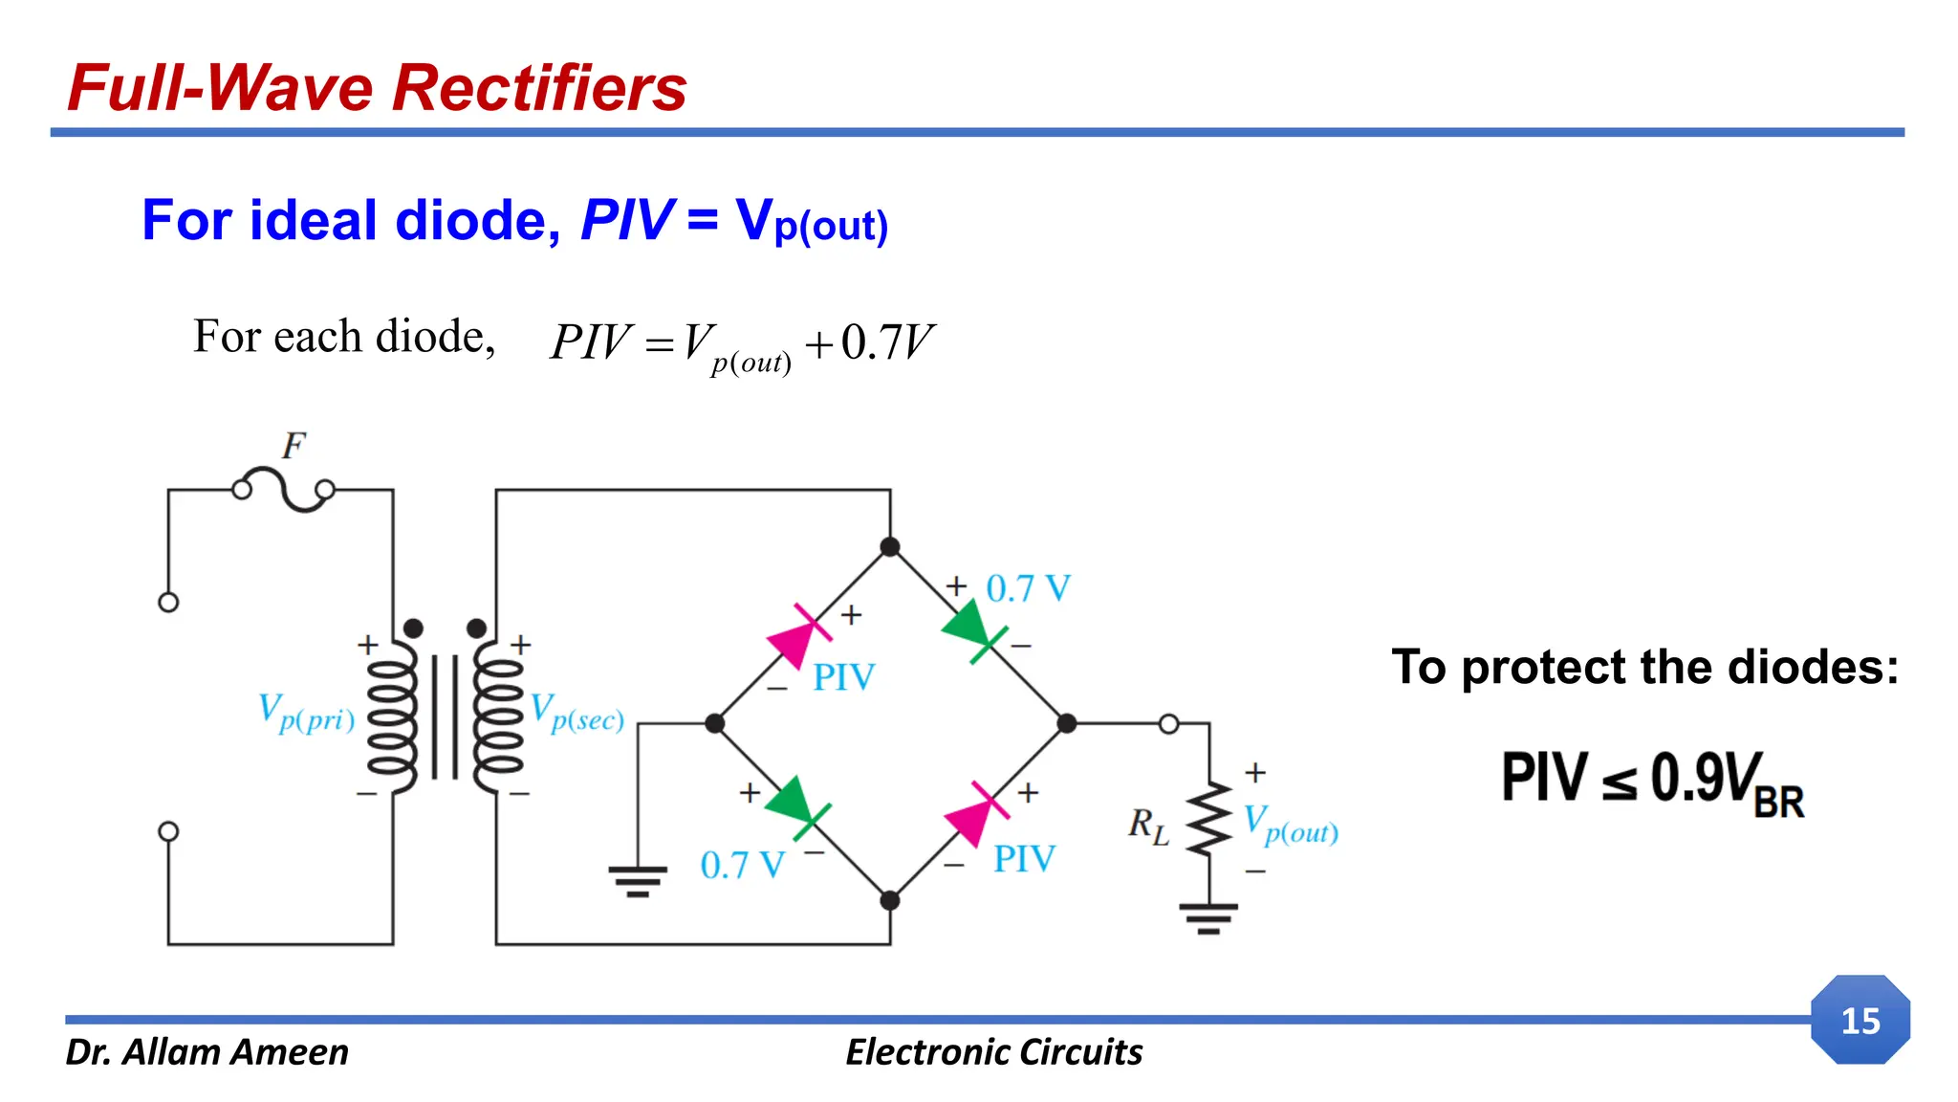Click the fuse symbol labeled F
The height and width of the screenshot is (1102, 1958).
click(x=284, y=490)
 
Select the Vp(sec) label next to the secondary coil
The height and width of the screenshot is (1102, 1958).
click(x=577, y=714)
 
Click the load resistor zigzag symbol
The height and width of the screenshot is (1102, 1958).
click(x=1209, y=819)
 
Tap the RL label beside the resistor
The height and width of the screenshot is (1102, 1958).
click(x=1148, y=825)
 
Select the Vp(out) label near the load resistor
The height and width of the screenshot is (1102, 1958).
click(x=1290, y=825)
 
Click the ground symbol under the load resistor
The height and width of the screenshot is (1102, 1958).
click(x=1208, y=917)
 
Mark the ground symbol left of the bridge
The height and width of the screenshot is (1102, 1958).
click(x=638, y=880)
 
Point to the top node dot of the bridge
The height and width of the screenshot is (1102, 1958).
click(x=890, y=547)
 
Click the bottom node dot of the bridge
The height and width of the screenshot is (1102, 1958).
click(x=890, y=900)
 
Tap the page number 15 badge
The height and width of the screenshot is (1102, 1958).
click(x=1860, y=1021)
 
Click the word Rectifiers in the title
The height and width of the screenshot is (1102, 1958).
click(x=539, y=88)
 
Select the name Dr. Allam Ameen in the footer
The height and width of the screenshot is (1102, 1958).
click(x=207, y=1052)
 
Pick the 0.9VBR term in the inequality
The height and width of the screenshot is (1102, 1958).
click(x=1727, y=782)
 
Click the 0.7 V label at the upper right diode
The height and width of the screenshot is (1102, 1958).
click(x=1028, y=588)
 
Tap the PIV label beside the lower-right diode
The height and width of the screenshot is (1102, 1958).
click(x=1024, y=859)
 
